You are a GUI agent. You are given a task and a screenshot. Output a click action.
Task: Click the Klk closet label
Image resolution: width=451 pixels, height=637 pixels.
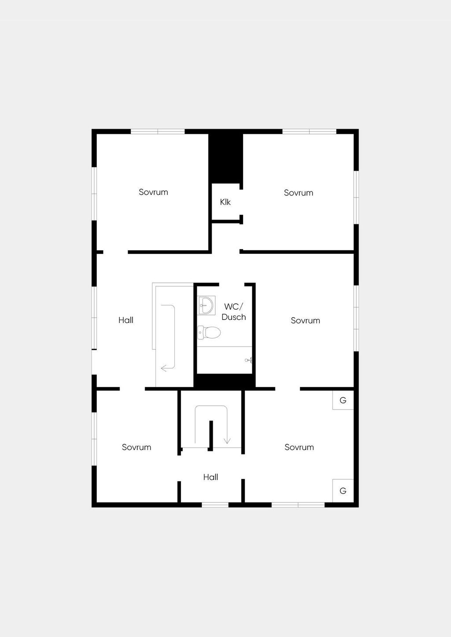click(x=225, y=202)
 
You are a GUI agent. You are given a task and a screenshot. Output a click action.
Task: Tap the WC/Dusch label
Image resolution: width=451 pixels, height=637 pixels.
click(x=233, y=312)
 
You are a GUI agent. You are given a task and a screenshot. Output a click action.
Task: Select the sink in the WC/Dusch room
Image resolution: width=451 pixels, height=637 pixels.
click(x=207, y=305)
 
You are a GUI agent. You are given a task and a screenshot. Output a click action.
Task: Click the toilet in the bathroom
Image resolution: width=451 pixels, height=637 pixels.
click(x=209, y=333)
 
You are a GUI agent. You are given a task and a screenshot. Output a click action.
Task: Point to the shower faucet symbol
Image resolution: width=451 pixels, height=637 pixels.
click(x=248, y=360)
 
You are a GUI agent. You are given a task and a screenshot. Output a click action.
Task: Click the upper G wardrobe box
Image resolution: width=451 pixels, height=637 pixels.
click(x=343, y=400)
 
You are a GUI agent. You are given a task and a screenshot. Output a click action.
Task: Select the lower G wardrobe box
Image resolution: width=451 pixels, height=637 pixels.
click(x=343, y=491)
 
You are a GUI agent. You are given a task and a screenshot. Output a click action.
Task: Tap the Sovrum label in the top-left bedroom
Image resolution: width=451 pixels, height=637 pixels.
click(x=153, y=192)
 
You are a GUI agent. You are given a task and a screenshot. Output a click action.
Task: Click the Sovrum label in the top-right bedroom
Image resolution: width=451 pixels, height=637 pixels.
click(x=298, y=193)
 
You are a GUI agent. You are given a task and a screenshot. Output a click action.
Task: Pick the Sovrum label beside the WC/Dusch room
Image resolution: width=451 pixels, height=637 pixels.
click(x=306, y=321)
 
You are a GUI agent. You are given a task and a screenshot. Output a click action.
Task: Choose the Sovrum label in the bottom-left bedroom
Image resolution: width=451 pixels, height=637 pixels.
click(x=137, y=447)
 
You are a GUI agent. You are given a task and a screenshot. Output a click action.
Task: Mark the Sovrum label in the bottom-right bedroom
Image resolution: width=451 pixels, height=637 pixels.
click(x=299, y=447)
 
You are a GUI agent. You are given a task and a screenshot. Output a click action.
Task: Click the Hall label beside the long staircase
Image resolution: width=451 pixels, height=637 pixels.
click(x=126, y=320)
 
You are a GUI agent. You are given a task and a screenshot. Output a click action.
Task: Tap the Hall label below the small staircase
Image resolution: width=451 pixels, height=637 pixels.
click(x=211, y=477)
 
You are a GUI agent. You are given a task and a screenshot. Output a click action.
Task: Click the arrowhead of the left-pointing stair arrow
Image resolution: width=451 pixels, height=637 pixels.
click(x=163, y=368)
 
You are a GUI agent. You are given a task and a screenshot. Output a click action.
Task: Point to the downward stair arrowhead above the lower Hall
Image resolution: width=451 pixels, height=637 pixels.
click(x=227, y=441)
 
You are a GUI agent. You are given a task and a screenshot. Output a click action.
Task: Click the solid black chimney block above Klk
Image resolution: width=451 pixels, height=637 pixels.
click(x=225, y=158)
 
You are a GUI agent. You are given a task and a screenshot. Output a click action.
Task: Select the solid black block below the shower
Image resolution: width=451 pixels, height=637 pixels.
click(x=225, y=381)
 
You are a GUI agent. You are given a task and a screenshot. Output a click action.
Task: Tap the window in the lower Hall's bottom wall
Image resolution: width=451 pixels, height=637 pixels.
click(x=215, y=505)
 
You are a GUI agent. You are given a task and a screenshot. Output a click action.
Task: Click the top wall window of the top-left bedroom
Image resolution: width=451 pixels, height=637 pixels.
click(x=158, y=132)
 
